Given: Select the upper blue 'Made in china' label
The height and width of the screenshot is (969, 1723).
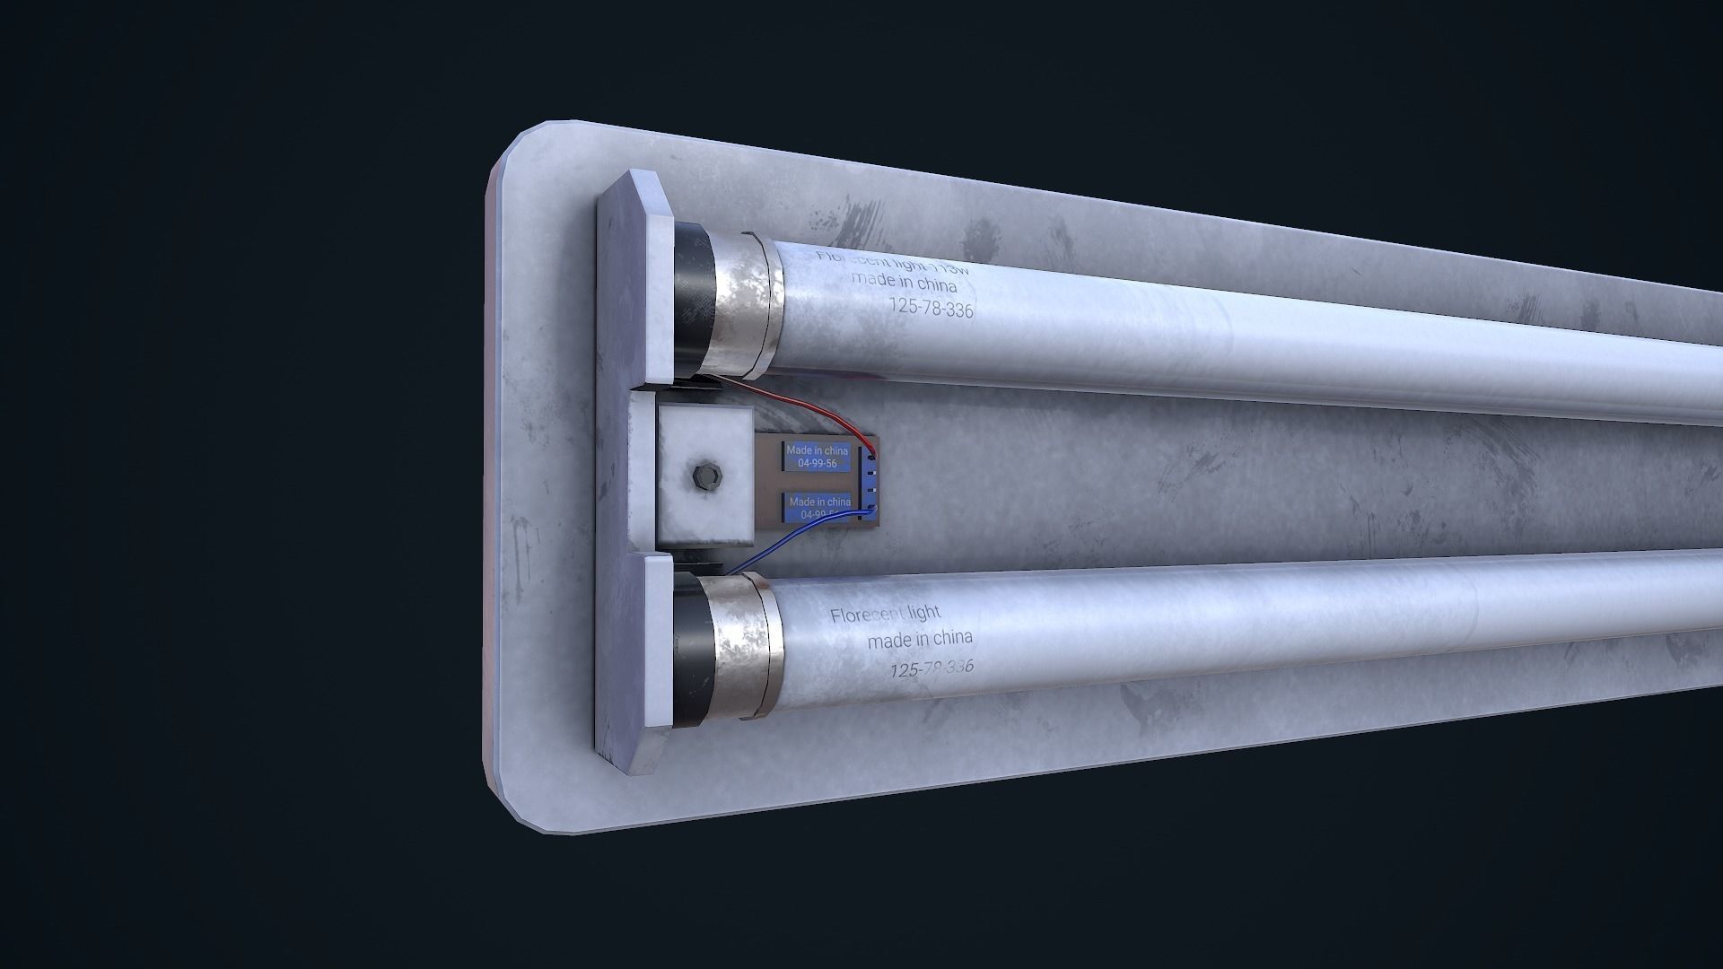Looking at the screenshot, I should [x=817, y=456].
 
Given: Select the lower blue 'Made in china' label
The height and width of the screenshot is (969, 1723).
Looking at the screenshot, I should [x=818, y=507].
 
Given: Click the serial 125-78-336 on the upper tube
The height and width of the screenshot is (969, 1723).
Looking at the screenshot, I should [x=931, y=307].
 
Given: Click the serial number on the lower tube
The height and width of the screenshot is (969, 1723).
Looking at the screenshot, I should [x=931, y=668].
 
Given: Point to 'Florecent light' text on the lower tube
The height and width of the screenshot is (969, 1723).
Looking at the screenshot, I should [x=885, y=615].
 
